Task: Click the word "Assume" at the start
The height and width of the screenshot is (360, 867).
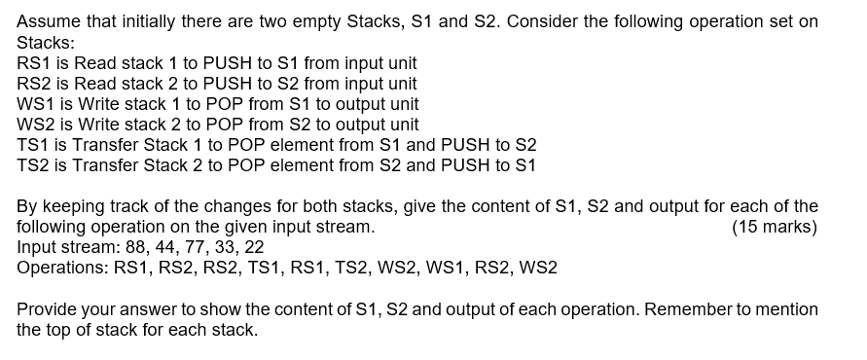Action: [48, 21]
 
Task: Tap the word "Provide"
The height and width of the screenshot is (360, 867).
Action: [48, 308]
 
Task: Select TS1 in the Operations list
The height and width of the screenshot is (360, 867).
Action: [241, 268]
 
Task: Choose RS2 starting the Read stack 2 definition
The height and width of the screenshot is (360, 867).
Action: [35, 83]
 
